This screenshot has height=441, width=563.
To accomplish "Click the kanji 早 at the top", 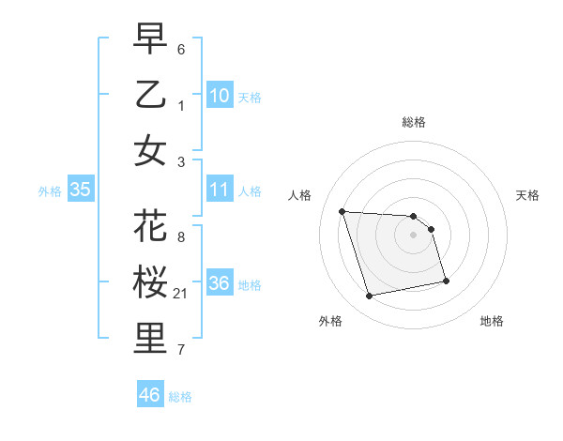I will [150, 39].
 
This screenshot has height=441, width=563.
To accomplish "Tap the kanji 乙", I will [150, 96].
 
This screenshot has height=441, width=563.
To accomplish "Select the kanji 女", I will [150, 150].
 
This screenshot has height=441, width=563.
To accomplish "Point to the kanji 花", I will [150, 228].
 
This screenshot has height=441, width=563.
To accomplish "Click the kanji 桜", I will [150, 283].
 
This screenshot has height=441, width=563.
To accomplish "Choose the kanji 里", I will [150, 339].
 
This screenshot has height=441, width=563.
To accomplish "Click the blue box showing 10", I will [220, 96].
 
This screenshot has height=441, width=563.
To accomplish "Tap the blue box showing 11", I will [220, 190].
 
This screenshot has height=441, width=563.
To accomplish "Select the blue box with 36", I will [220, 283].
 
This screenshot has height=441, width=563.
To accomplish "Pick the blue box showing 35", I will [80, 190].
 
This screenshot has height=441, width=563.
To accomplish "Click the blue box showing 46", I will [149, 395].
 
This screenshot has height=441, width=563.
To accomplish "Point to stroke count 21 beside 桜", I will [181, 294].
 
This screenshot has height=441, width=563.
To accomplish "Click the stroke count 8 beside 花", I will [181, 237].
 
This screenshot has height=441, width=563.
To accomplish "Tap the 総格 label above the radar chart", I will [414, 122].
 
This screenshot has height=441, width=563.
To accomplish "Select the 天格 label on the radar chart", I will [527, 195].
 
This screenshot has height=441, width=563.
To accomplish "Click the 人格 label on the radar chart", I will [300, 195].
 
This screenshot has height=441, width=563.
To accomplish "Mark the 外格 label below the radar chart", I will [330, 321].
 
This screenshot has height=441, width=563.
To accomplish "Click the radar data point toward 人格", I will [342, 211].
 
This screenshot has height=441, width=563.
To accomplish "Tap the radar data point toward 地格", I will [446, 281].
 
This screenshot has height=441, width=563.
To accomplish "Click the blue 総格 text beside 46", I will [180, 397].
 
